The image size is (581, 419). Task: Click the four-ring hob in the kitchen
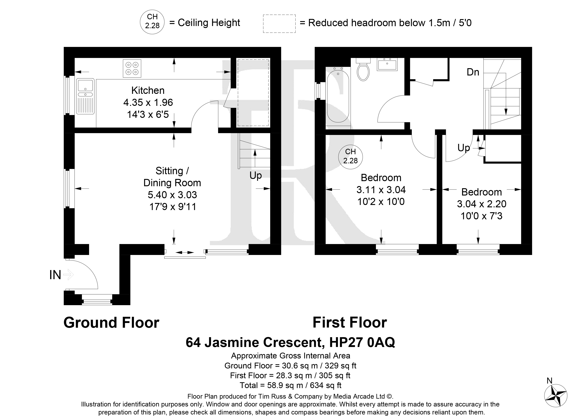click(132, 68)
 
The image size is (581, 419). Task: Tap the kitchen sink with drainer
click(85, 96)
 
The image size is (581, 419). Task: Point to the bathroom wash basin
click(387, 64)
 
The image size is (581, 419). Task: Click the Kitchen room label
click(148, 90)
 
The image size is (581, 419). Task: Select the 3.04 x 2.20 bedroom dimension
click(482, 204)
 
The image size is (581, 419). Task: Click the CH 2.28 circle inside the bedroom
click(350, 156)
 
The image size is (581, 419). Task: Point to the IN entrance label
click(55, 275)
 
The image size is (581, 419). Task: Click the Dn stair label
click(473, 72)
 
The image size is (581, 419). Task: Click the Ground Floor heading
click(111, 323)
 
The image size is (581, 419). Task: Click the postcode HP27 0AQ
click(362, 342)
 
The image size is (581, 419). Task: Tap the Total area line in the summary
click(290, 385)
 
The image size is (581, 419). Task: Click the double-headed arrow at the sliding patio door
click(185, 252)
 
